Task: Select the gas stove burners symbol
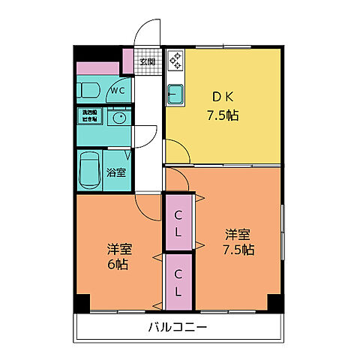[x=175, y=61]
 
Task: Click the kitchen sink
[x=176, y=95]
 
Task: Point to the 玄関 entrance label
[x=147, y=61]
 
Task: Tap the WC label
[x=118, y=91]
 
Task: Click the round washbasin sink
[x=117, y=117]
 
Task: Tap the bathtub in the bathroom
[x=90, y=169]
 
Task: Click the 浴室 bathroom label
[x=116, y=172]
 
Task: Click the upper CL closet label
[x=179, y=223]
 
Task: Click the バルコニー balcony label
[x=178, y=328]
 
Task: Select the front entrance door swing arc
[x=148, y=33]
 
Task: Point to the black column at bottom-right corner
[x=274, y=303]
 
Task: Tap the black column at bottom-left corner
[x=82, y=303]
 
